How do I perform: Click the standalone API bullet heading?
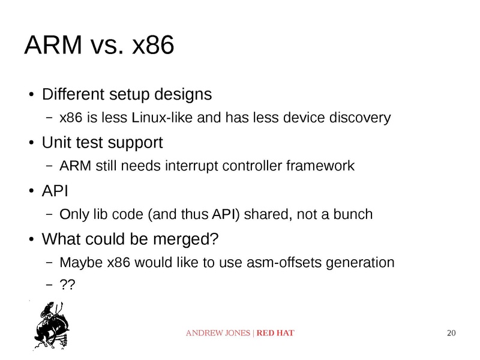55,191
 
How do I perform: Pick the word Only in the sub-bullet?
72,214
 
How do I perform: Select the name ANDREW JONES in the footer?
218,333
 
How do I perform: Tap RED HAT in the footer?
275,333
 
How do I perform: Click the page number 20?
452,333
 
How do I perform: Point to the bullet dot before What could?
31,240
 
